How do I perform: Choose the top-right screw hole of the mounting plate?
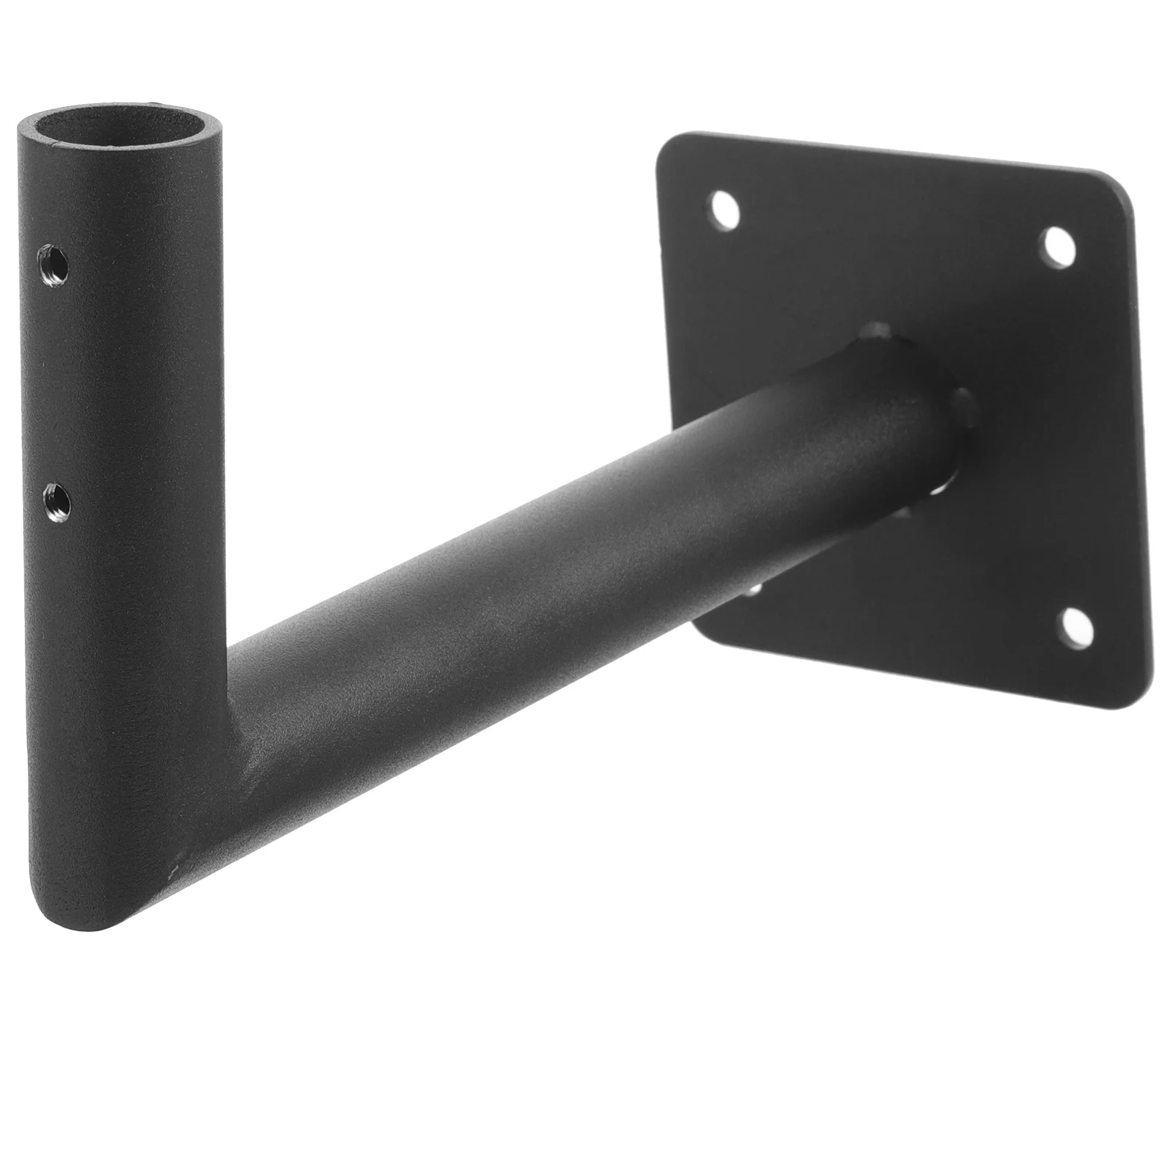pos(1058,248)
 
